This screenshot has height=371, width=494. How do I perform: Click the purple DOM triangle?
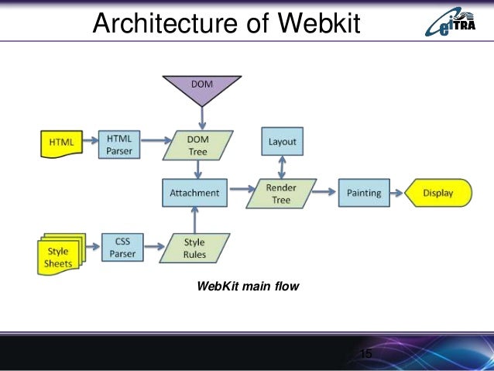click(x=201, y=88)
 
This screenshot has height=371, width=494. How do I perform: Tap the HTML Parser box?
click(x=120, y=143)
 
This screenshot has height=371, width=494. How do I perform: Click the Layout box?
click(x=282, y=143)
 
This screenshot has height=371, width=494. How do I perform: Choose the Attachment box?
click(x=195, y=193)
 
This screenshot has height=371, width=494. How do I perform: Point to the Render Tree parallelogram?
click(x=281, y=193)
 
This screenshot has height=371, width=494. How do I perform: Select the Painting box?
click(x=364, y=193)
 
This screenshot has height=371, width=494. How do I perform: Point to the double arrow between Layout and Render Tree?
click(x=282, y=167)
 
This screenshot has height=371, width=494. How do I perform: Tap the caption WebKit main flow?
click(x=248, y=287)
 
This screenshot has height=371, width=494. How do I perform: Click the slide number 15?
click(x=366, y=355)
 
